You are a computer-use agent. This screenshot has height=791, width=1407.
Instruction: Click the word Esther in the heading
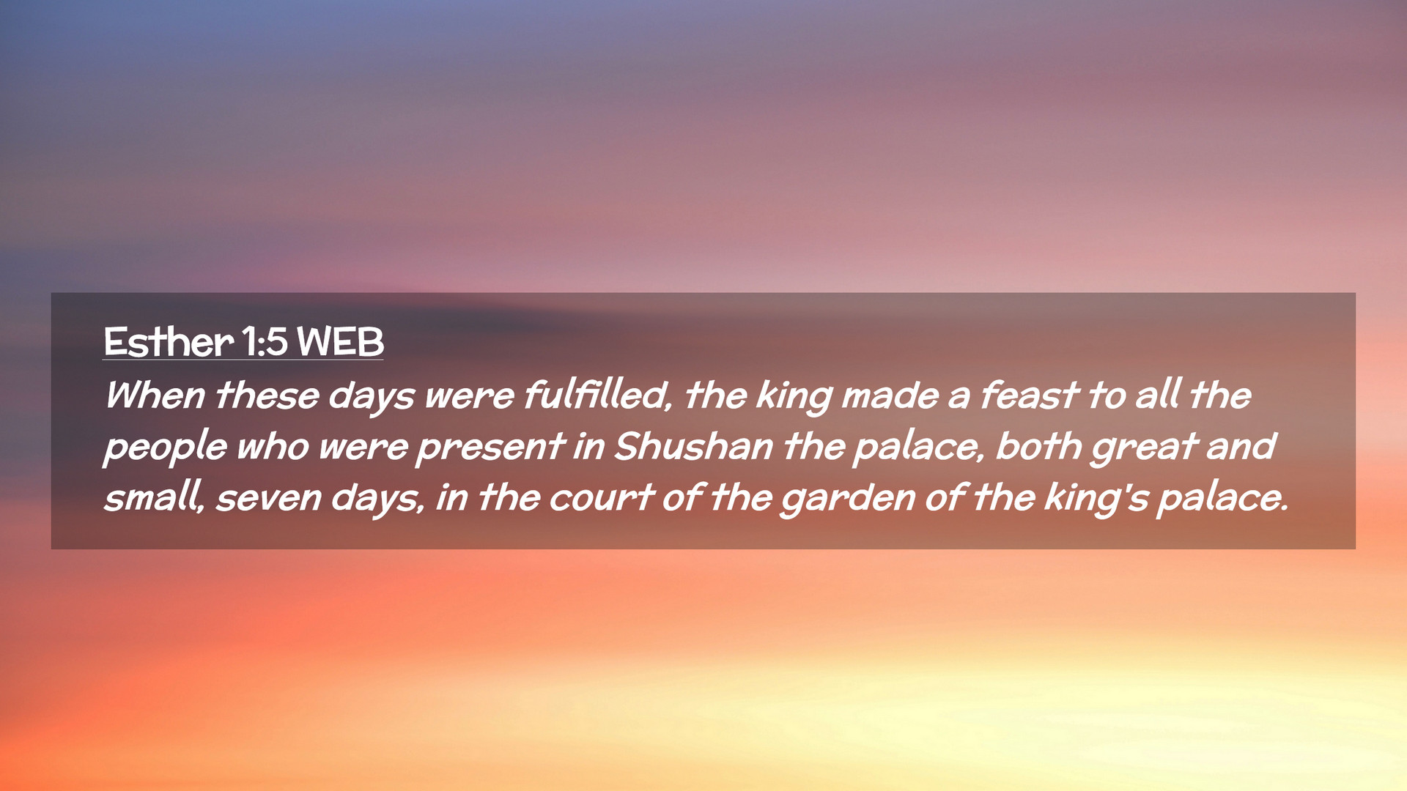click(x=169, y=341)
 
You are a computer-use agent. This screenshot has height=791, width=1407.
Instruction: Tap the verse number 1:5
click(x=265, y=341)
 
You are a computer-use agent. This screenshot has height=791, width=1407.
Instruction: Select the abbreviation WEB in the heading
click(x=340, y=341)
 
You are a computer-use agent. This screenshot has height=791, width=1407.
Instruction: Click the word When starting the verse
click(x=155, y=395)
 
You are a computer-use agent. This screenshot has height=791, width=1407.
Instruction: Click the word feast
click(x=1029, y=395)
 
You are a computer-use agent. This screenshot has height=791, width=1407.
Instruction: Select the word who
click(x=273, y=447)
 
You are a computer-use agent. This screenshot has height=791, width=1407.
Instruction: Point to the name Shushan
click(x=693, y=447)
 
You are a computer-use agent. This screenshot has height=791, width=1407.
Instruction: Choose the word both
click(x=1038, y=447)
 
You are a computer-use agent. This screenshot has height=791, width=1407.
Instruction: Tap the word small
click(x=154, y=498)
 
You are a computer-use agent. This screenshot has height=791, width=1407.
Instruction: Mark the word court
click(x=601, y=498)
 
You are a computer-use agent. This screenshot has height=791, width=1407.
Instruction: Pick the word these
click(x=267, y=395)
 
